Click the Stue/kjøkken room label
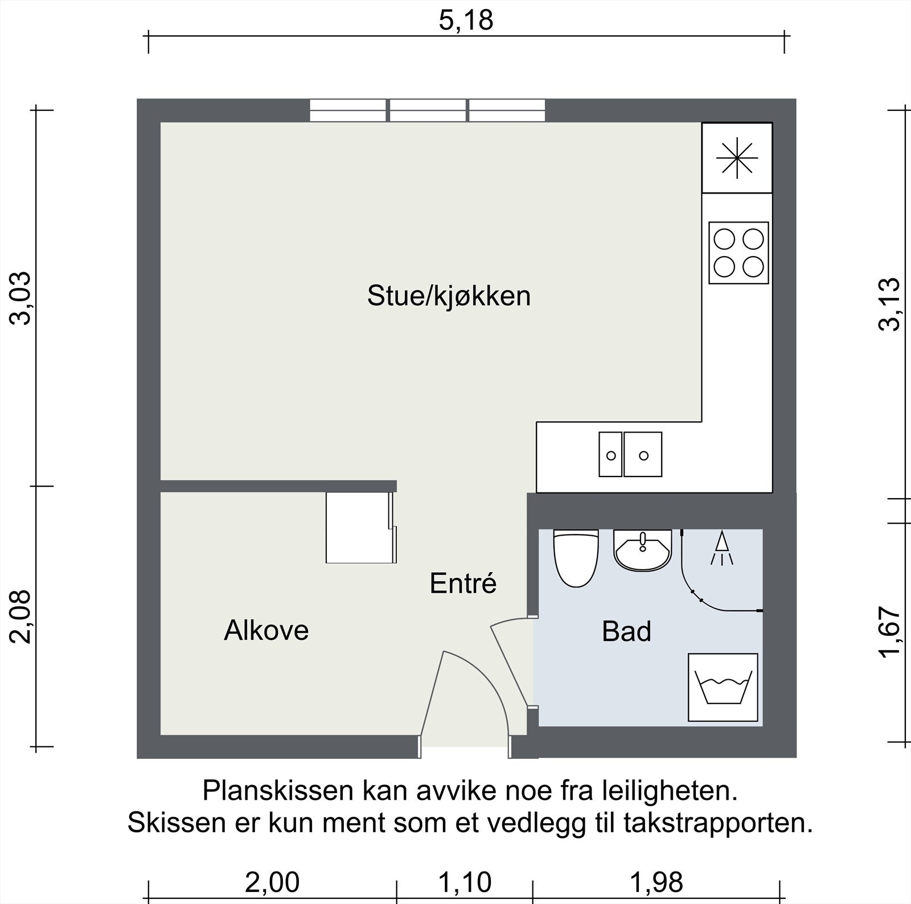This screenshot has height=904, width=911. click(x=449, y=297)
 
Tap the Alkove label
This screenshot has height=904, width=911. click(x=266, y=631)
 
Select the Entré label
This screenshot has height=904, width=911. click(x=463, y=584)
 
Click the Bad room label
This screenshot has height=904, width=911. click(x=626, y=632)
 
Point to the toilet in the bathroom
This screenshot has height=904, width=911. click(x=576, y=558)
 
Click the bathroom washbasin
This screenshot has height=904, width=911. click(x=643, y=550)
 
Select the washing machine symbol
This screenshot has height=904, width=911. click(x=723, y=687)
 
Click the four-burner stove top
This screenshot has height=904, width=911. click(x=738, y=253)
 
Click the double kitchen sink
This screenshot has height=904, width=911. click(x=630, y=454)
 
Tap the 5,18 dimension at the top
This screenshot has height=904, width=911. click(x=466, y=21)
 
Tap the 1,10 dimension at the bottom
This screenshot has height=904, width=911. click(x=465, y=883)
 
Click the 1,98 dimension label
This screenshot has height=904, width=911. click(x=656, y=883)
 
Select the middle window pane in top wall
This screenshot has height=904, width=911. click(x=427, y=110)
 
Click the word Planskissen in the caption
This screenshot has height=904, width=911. click(x=277, y=792)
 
